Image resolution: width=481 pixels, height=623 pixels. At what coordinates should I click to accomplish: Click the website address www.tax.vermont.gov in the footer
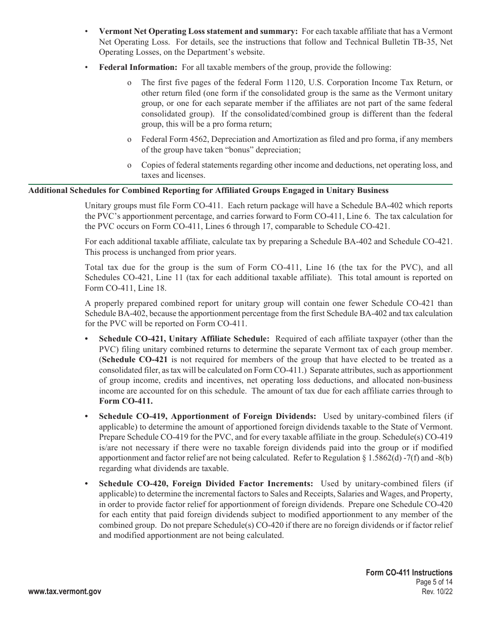[x=65, y=592]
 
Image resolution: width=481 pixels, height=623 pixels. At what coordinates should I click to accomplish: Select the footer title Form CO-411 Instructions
[x=409, y=572]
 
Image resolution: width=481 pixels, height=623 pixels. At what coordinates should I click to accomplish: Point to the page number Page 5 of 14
[x=433, y=582]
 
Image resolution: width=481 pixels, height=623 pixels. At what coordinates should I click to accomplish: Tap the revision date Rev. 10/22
[x=437, y=592]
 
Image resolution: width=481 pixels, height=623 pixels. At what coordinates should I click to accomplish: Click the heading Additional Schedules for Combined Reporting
[x=208, y=190]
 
